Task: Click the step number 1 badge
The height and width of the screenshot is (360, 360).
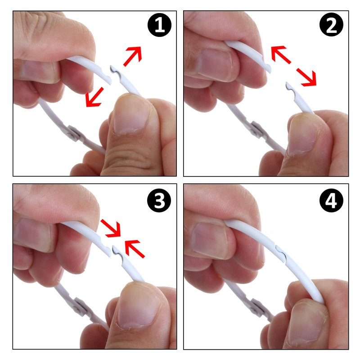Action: pos(159,25)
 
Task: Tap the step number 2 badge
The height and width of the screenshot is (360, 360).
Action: pos(331,25)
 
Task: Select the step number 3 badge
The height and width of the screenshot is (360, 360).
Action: pos(159,200)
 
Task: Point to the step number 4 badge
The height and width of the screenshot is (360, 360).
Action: pos(331,201)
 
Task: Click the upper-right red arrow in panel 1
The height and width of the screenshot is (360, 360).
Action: pos(133,56)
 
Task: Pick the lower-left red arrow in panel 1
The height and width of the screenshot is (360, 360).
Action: pos(94,97)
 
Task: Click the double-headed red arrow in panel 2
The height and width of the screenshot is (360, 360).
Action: pos(294,66)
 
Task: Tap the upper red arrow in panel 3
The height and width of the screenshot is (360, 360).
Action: pos(111,228)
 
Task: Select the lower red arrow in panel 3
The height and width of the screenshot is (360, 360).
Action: pos(135,249)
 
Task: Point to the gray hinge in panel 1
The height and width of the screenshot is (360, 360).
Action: pos(74,133)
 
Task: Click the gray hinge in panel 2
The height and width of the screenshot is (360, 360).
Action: pos(256,129)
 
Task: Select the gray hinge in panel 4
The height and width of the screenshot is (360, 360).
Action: pos(257,307)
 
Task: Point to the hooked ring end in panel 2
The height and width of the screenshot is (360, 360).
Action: pos(290,88)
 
